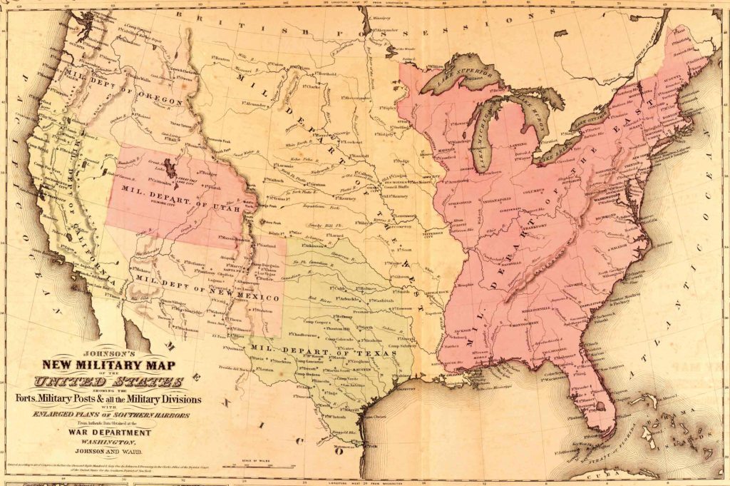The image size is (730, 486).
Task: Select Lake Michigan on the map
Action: (485, 143)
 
